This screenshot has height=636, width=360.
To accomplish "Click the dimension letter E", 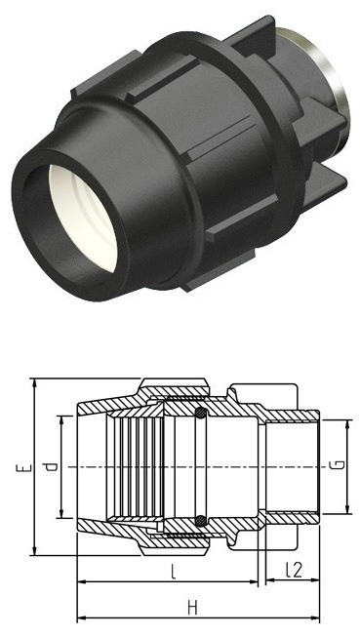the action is pyautogui.click(x=24, y=467).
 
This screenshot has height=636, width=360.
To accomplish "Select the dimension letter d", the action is pyautogui.click(x=51, y=467).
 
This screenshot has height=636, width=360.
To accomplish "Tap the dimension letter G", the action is pyautogui.click(x=340, y=465).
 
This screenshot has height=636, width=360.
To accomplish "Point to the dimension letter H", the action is pyautogui.click(x=193, y=608).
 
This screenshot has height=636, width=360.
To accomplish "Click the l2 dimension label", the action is pyautogui.click(x=293, y=570).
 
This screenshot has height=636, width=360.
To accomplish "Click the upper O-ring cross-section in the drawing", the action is pyautogui.click(x=201, y=413).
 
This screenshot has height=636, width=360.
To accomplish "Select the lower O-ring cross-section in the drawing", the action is pyautogui.click(x=201, y=521).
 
